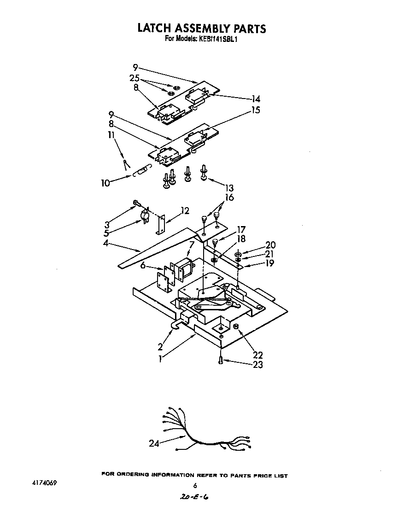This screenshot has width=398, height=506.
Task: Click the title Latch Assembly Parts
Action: [x=202, y=29]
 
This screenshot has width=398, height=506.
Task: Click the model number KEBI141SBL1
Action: [x=218, y=40]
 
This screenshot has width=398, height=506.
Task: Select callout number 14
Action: [x=256, y=99]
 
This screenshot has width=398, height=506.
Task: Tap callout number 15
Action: [x=255, y=110]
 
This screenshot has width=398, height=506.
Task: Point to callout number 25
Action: [x=135, y=78]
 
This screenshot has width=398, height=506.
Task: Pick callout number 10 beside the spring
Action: [x=105, y=183]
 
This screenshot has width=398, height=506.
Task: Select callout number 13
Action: [x=229, y=188]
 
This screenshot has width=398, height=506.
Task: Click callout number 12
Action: [x=185, y=211]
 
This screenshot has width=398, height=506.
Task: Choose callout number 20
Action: [x=270, y=245]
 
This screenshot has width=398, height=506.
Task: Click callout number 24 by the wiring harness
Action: [x=154, y=443]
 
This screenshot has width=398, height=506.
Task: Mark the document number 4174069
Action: [x=44, y=484]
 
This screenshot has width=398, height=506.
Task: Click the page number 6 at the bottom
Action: [x=195, y=485]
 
